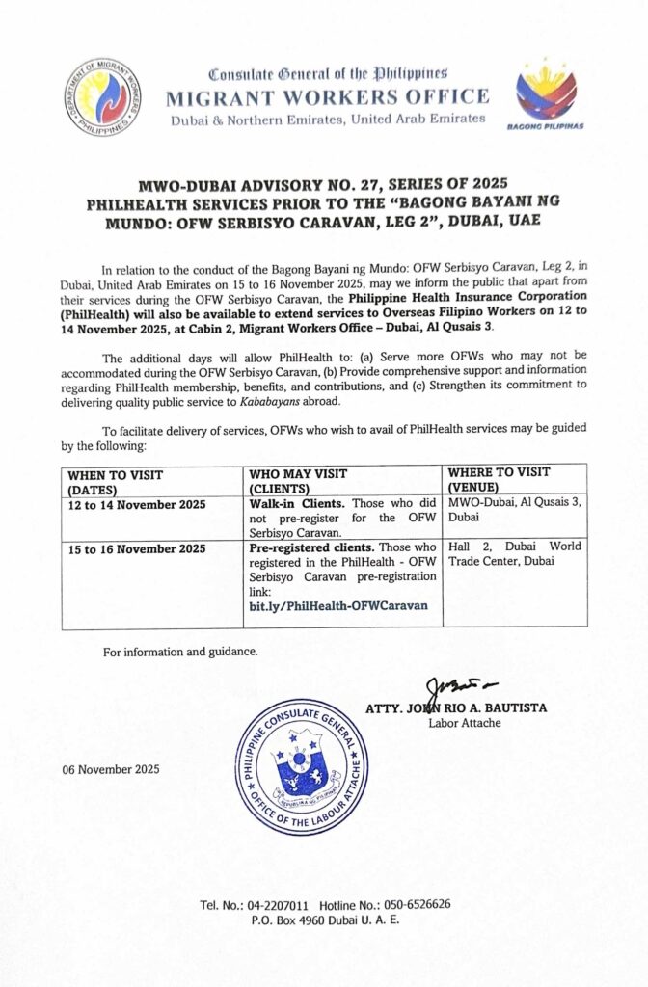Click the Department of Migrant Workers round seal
[103, 96]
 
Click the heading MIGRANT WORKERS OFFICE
[328, 97]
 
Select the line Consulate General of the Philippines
[328, 74]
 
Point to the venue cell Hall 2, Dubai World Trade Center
[514, 553]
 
